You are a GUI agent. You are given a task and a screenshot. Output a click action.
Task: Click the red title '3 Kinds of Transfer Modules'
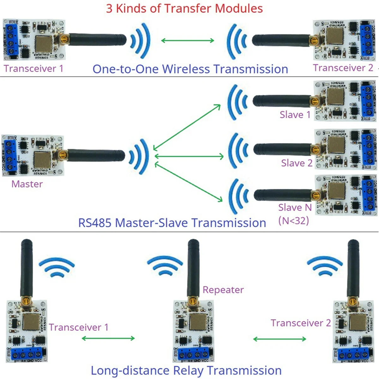184,9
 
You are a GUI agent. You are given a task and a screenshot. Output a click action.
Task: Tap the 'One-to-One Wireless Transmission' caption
190,69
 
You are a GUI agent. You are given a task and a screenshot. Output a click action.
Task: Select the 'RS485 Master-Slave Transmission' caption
172,223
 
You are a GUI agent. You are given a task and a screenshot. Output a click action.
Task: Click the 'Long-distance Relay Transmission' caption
186,370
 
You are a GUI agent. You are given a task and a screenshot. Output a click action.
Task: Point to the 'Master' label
27,184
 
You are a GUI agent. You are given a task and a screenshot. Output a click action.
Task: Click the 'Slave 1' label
295,115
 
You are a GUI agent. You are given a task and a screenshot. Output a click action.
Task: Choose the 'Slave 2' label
297,163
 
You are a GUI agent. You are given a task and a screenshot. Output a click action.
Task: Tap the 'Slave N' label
295,208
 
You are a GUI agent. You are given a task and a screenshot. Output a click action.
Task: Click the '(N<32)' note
293,220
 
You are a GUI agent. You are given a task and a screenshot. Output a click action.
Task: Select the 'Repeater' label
223,290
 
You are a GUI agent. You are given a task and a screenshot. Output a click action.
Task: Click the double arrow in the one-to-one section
188,40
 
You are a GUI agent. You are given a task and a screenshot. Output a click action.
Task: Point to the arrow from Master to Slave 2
189,156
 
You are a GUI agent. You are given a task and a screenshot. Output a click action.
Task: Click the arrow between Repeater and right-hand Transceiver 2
280,339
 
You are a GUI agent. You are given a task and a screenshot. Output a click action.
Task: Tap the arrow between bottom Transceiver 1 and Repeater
108,339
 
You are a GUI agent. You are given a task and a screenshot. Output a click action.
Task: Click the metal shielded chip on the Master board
42,160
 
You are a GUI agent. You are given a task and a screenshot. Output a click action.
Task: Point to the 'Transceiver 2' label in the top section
343,68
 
